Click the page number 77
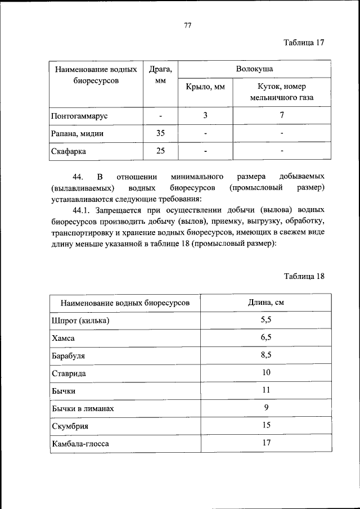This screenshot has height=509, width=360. point(188,25)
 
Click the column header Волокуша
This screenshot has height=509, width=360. point(254,69)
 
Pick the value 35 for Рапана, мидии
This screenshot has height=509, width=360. point(160,134)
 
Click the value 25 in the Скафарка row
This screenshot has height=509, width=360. point(160,151)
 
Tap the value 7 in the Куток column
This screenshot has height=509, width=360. point(282,115)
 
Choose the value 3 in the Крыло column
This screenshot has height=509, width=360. point(205,115)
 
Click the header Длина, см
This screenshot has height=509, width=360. point(266,303)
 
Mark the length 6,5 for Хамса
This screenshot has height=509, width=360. point(266,337)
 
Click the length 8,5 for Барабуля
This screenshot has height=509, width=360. point(266,355)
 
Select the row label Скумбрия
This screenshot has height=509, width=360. point(70,426)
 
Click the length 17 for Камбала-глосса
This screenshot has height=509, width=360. point(266,443)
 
